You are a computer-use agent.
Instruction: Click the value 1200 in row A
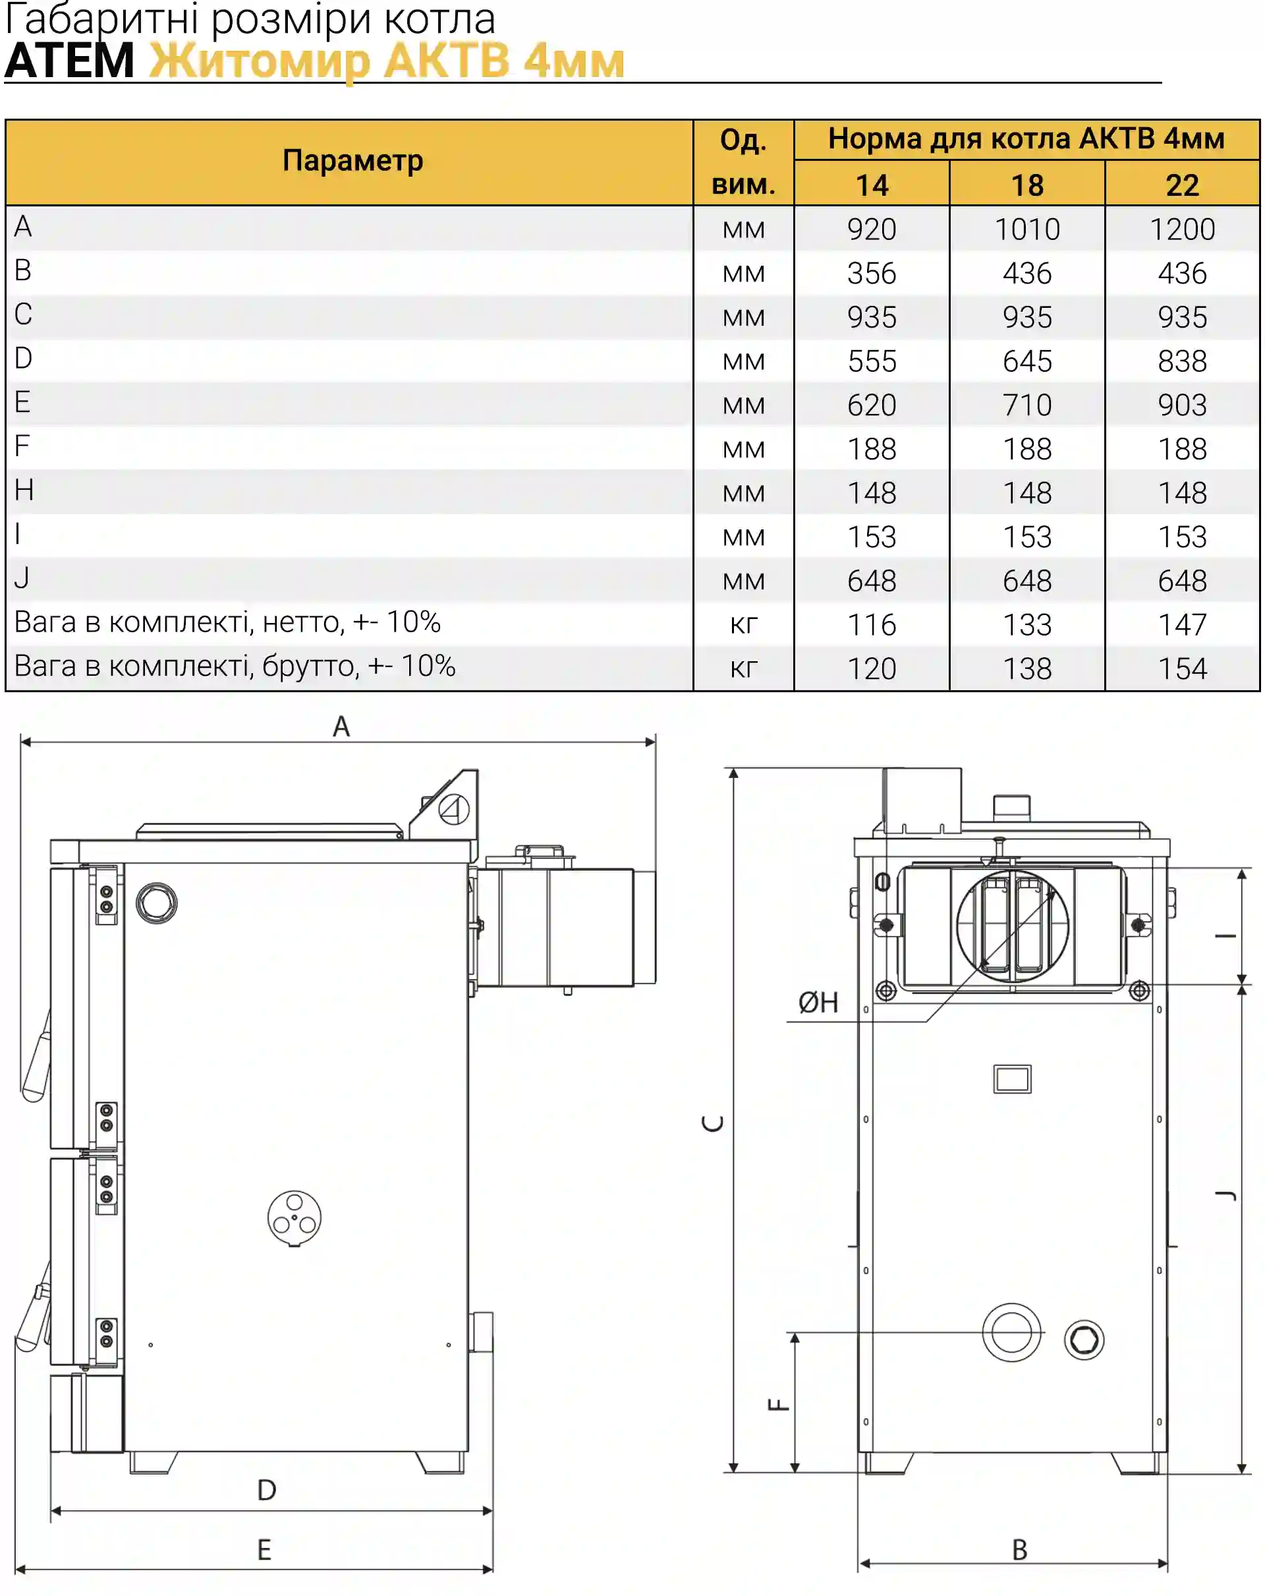[1181, 229]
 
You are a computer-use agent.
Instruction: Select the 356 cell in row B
[872, 273]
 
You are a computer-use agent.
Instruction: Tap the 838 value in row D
[1182, 361]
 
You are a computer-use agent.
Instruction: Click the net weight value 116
[872, 625]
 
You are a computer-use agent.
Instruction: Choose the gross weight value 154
[1182, 668]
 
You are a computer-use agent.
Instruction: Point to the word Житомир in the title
[259, 61]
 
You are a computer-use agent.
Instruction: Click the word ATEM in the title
[70, 61]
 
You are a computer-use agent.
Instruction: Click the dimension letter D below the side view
[266, 1489]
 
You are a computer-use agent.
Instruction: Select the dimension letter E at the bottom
[264, 1549]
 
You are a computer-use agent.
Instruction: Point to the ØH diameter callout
[818, 1002]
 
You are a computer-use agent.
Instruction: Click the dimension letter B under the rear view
[1019, 1549]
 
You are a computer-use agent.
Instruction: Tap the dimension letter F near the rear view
[778, 1404]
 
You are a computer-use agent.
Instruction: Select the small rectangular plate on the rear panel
[1012, 1079]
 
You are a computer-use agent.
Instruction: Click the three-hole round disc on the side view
[295, 1218]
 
